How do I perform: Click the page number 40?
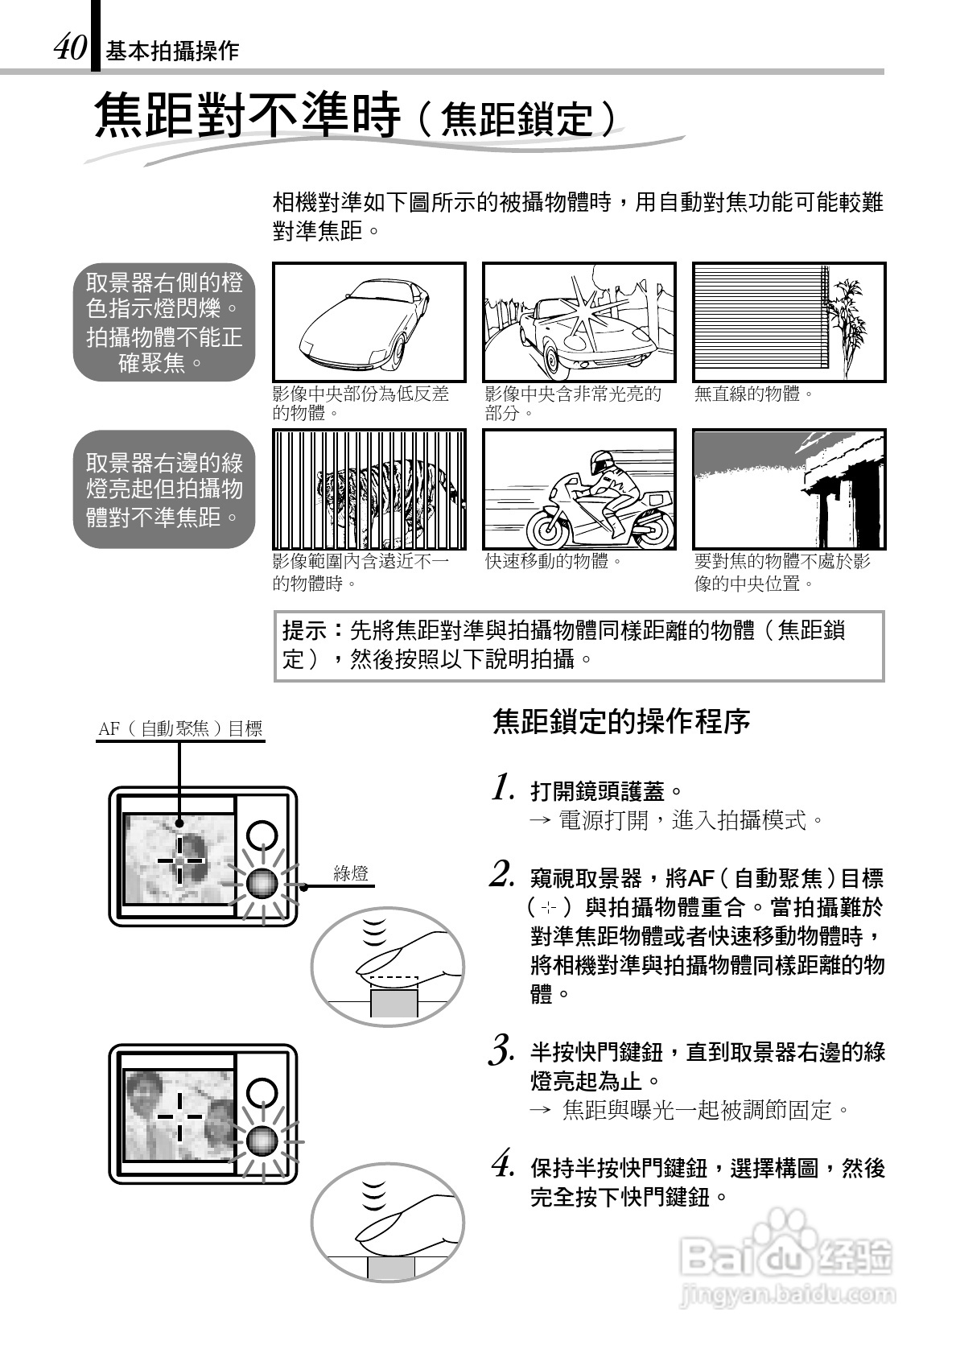tap(69, 48)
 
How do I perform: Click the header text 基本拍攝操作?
tap(172, 52)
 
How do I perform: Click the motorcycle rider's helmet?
tap(601, 463)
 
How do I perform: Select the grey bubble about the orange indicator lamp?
tap(164, 322)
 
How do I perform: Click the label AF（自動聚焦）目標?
tap(180, 728)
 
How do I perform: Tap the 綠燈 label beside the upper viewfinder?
tap(351, 873)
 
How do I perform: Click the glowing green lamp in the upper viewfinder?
tap(262, 883)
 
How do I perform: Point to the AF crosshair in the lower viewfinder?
tap(179, 1116)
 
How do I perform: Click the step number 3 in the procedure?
tap(501, 1051)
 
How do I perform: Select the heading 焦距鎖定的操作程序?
tap(620, 721)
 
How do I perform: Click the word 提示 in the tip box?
tap(305, 629)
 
